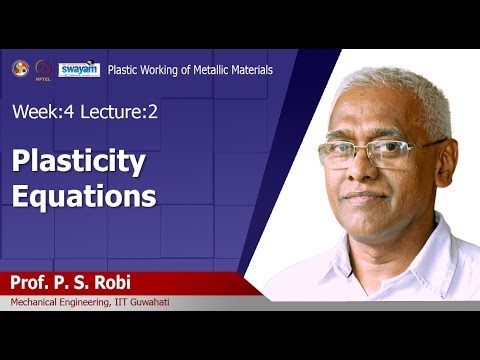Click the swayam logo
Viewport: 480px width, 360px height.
click(79, 69)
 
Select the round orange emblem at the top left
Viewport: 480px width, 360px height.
click(20, 68)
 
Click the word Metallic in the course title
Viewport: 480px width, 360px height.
click(204, 70)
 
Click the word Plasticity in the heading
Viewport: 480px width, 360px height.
click(79, 161)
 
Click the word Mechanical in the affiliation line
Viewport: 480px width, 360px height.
click(41, 303)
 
